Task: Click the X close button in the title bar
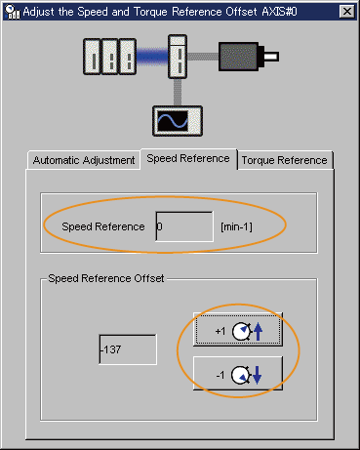click(x=346, y=12)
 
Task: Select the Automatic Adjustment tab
click(x=84, y=160)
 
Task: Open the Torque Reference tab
click(x=285, y=160)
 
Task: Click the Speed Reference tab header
click(x=188, y=158)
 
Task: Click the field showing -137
click(x=128, y=349)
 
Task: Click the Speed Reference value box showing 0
click(x=184, y=226)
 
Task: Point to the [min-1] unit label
click(x=236, y=226)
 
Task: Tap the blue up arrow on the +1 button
click(x=258, y=332)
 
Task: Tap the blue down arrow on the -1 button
click(x=257, y=375)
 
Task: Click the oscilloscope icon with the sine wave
click(x=178, y=121)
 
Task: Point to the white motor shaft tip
click(x=271, y=57)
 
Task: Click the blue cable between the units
click(x=152, y=57)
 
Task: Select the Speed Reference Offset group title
click(x=106, y=278)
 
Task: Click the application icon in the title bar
click(x=13, y=12)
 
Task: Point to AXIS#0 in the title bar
click(x=279, y=12)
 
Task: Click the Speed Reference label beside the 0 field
click(x=103, y=226)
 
